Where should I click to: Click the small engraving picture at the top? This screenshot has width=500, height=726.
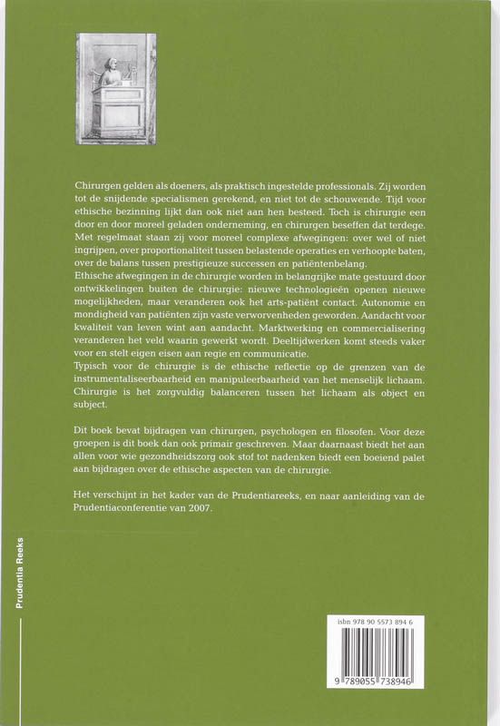point(115,88)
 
